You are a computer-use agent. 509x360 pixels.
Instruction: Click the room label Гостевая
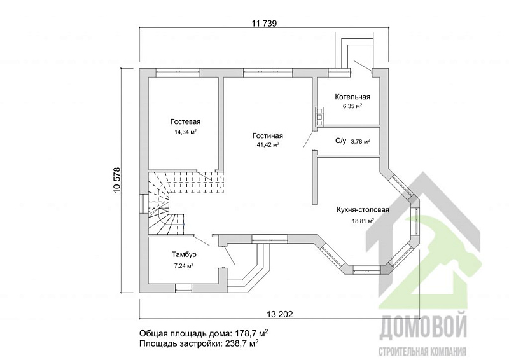185,121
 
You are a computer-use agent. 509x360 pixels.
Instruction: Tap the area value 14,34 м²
186,132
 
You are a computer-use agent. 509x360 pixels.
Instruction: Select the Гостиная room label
268,135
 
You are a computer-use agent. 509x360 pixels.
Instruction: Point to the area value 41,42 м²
268,145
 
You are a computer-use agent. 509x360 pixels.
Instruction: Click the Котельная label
352,97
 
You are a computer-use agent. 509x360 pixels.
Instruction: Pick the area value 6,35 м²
352,106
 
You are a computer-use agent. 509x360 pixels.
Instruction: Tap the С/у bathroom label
340,141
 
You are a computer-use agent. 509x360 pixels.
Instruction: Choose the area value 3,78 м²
361,142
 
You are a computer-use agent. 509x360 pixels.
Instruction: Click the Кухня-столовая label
363,210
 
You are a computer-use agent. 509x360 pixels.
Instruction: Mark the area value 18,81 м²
363,221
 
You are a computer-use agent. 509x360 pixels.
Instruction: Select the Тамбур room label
184,255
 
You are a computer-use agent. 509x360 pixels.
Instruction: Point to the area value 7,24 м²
184,265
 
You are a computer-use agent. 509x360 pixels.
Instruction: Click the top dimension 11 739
264,24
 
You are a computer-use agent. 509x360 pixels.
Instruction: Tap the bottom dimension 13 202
279,314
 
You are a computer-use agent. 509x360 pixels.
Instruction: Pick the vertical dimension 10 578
117,180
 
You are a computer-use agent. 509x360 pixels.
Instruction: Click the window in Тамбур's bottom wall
184,287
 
